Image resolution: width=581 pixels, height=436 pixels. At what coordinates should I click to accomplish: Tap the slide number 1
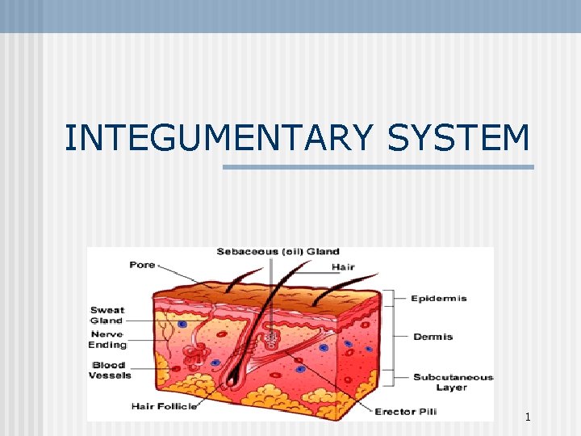pos(527,417)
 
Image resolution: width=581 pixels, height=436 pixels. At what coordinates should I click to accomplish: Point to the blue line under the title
pos(378,167)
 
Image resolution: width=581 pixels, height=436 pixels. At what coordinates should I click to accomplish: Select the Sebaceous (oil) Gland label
pos(278,252)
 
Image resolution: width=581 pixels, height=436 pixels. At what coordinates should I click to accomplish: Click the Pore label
pos(142,265)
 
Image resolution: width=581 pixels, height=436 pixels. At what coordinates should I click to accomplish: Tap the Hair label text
pos(343,267)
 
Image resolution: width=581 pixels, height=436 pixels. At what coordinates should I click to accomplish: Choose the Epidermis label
pos(439,299)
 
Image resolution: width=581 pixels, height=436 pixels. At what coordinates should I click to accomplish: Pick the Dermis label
pos(433,337)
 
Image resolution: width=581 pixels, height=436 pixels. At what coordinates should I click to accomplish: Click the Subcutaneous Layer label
pos(452,382)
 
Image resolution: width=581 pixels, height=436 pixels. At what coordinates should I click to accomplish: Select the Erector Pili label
pos(406,412)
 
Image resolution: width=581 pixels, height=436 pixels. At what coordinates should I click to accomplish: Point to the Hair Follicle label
pos(164,406)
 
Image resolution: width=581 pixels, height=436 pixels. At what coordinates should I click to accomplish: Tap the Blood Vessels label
pos(109,370)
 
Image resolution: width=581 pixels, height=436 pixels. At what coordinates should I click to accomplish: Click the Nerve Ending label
pos(107,339)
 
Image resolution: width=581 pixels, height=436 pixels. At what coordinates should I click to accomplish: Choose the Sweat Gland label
pos(107,315)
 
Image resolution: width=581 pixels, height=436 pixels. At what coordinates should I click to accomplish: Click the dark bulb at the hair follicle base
pos(235,375)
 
